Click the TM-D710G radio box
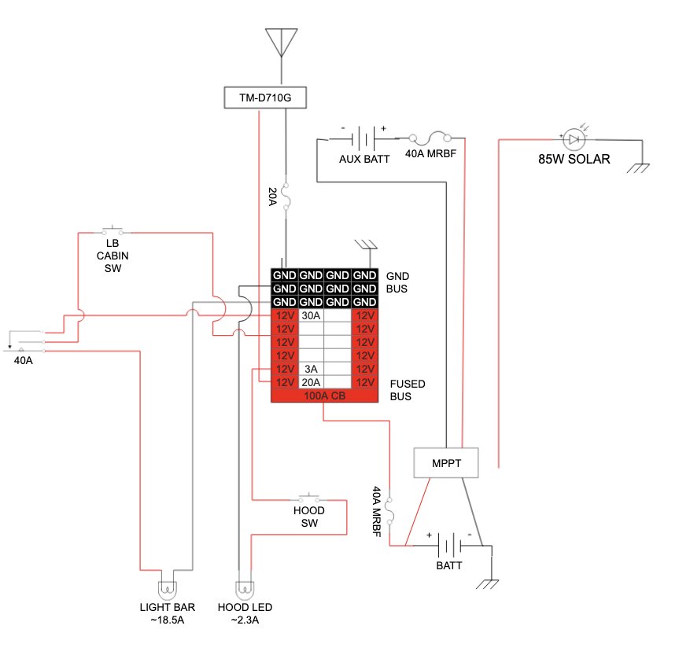[265, 98]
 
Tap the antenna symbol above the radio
[282, 42]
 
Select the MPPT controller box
[446, 463]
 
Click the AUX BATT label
[364, 160]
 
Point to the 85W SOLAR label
[574, 160]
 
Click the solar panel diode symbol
[574, 139]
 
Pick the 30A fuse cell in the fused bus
[311, 316]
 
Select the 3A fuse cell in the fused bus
[311, 369]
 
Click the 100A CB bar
[324, 396]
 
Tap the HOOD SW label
[309, 517]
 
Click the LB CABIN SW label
[113, 256]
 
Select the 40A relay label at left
[23, 360]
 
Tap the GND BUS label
[397, 282]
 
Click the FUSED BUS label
[408, 390]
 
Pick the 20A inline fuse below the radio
[286, 196]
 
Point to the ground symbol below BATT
[487, 584]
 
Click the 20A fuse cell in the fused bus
[311, 383]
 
